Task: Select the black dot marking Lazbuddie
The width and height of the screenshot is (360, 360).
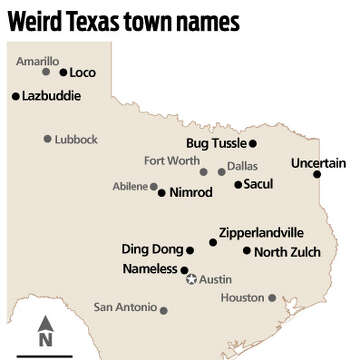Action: (x=15, y=96)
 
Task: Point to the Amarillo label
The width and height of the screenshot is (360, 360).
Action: (x=38, y=61)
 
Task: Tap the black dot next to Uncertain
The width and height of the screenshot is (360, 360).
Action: (x=317, y=175)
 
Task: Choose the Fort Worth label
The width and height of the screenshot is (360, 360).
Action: (x=171, y=160)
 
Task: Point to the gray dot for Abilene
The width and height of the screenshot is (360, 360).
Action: (x=154, y=186)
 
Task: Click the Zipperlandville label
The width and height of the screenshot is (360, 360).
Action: (x=261, y=232)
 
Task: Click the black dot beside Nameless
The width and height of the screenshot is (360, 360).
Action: (x=184, y=270)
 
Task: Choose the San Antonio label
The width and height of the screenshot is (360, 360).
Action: (x=125, y=306)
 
